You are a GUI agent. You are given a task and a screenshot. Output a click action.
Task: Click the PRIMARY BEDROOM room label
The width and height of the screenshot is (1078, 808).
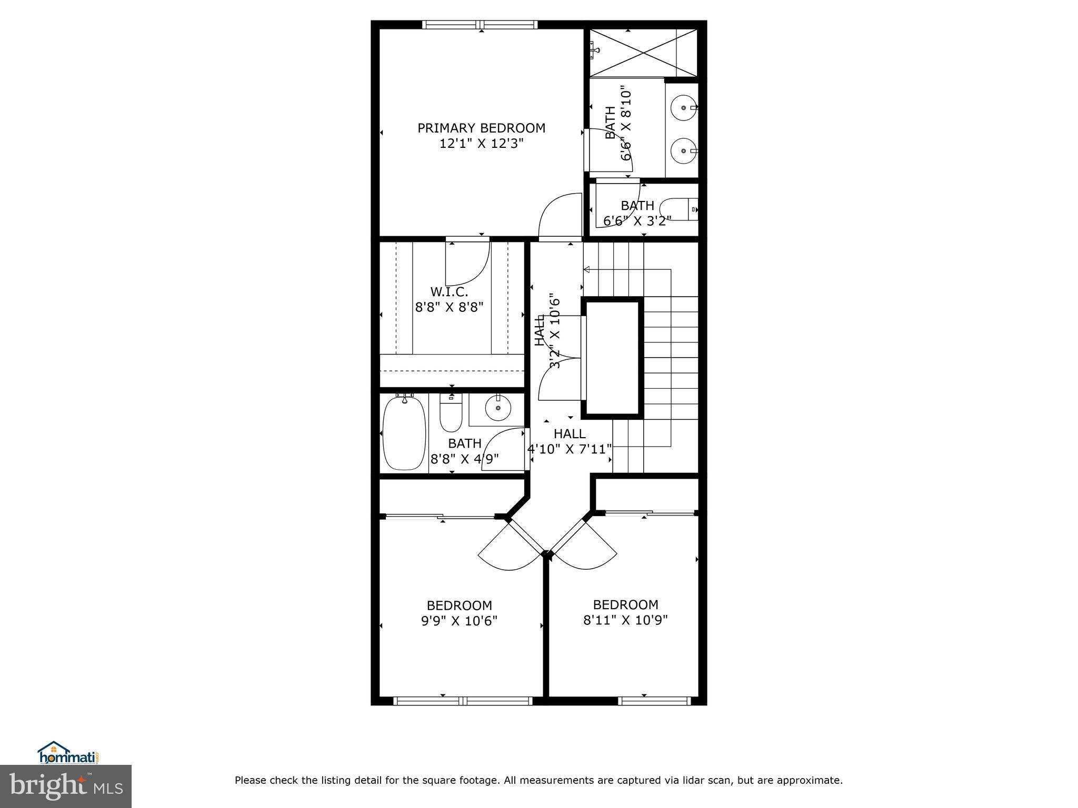point(481,128)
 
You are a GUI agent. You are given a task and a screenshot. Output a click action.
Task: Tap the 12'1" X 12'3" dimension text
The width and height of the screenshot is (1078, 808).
point(481,144)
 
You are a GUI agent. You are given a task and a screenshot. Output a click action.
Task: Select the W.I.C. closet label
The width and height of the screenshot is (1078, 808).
point(449,291)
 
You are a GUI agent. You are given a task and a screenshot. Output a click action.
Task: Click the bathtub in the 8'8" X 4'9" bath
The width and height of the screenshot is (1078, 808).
point(404,434)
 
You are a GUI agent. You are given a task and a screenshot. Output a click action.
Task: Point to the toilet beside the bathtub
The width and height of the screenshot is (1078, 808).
point(451,416)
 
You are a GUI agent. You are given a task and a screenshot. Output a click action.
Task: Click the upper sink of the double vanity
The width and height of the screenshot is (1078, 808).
point(683,108)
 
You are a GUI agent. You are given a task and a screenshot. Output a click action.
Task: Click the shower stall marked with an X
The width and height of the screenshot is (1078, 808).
point(643,53)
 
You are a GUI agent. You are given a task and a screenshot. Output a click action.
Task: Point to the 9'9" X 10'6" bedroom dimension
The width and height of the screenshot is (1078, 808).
point(459,621)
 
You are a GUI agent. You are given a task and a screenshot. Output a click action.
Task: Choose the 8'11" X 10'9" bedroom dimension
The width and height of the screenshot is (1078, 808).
point(625,620)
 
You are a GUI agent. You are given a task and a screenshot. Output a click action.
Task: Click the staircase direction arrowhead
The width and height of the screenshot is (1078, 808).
point(586,270)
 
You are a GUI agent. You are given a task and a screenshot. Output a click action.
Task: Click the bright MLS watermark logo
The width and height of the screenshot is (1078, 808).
point(66,786)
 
